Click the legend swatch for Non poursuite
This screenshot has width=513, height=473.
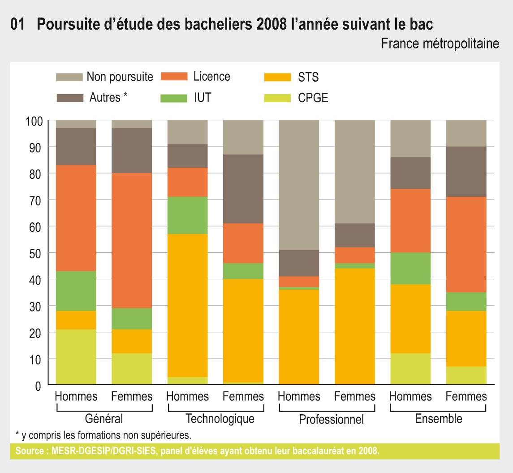(69, 77)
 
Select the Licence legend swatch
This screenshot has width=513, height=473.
(173, 76)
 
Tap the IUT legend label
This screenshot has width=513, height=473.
(203, 97)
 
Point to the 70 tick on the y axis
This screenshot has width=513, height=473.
(36, 200)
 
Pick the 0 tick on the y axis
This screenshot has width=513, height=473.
(39, 385)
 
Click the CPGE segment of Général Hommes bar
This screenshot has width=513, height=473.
(76, 357)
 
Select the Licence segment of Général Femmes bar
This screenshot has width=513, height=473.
(132, 240)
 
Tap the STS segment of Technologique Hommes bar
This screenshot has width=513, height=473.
(187, 305)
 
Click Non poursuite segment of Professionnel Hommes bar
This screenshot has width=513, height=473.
(299, 185)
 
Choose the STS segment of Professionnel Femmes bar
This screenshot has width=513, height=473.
(355, 326)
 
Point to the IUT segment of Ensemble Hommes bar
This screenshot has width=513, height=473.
(410, 268)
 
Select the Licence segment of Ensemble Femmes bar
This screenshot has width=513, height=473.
(466, 244)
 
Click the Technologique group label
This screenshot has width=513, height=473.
(220, 419)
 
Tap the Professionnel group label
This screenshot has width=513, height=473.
(331, 420)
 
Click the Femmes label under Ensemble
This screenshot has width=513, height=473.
(466, 396)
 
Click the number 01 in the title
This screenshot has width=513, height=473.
(17, 25)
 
